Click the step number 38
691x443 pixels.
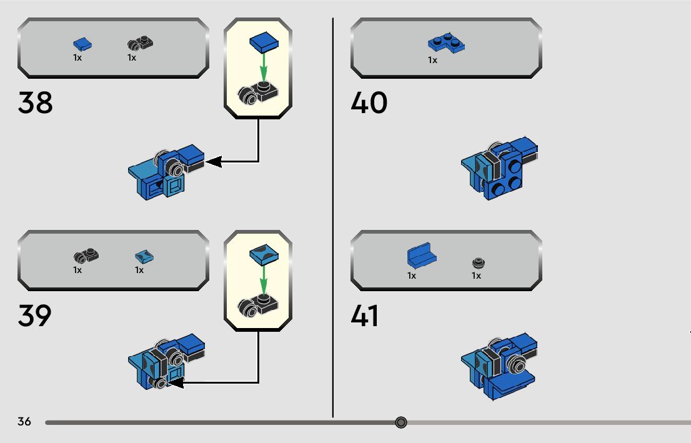tap(36, 103)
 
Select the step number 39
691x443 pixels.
tap(35, 316)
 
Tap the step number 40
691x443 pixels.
tap(369, 103)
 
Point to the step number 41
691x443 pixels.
tap(365, 316)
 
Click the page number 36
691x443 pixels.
tap(24, 422)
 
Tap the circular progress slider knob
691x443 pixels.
tap(401, 423)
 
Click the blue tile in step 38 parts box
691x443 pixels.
tap(82, 44)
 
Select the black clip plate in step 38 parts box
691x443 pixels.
tap(141, 44)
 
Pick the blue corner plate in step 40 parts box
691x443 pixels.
tap(446, 44)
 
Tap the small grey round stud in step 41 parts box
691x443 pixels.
tap(478, 262)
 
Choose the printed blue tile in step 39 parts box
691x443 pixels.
tap(144, 257)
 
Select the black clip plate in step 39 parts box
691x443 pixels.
tap(86, 256)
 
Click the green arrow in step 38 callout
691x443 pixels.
tap(263, 66)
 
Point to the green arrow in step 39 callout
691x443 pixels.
tap(263, 278)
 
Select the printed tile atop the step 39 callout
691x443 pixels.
tap(263, 254)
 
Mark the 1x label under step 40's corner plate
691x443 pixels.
tap(432, 61)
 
